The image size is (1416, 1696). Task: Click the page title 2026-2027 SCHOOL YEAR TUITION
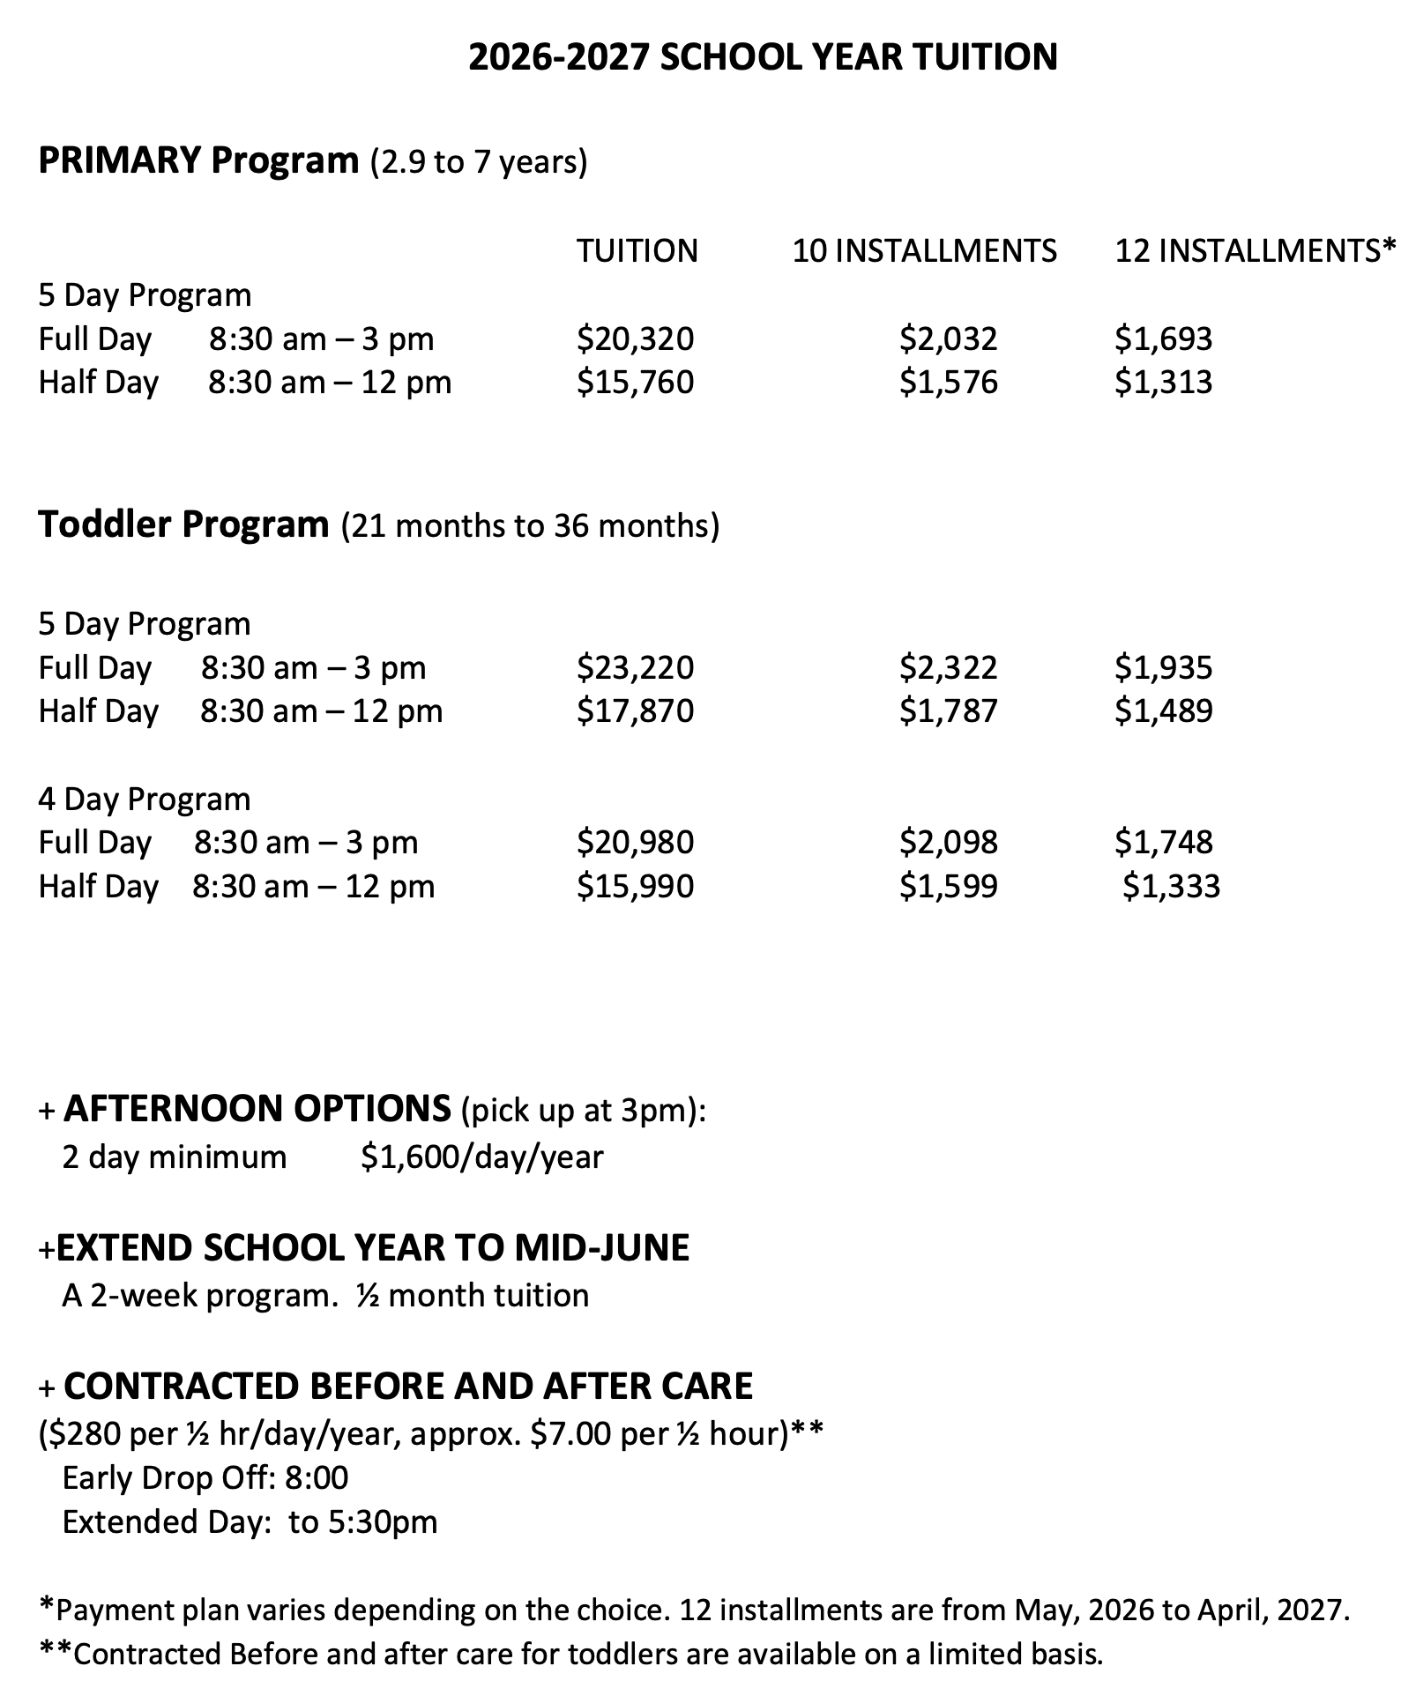tap(762, 57)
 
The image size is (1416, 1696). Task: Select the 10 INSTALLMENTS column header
tap(924, 251)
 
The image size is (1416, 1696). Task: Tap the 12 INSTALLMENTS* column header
tap(1256, 251)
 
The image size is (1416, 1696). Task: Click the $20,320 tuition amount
tap(635, 338)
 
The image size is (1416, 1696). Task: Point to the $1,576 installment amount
tap(948, 382)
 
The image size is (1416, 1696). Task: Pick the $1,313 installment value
tap(1163, 382)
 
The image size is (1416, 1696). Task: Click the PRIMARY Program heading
tap(198, 161)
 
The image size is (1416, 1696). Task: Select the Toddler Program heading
tap(183, 524)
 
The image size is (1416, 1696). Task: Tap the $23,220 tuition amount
tap(635, 667)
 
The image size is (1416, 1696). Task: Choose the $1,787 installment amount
tap(948, 710)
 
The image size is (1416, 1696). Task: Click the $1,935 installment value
tap(1163, 667)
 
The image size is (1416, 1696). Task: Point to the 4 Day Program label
tap(144, 799)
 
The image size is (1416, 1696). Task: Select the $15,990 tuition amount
tap(635, 886)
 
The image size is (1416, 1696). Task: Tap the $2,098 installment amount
tap(948, 842)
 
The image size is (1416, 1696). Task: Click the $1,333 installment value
tap(1171, 886)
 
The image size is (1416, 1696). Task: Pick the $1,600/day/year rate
tap(481, 1157)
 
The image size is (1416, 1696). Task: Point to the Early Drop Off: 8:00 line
tap(205, 1477)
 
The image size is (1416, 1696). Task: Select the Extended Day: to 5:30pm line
tap(250, 1521)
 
